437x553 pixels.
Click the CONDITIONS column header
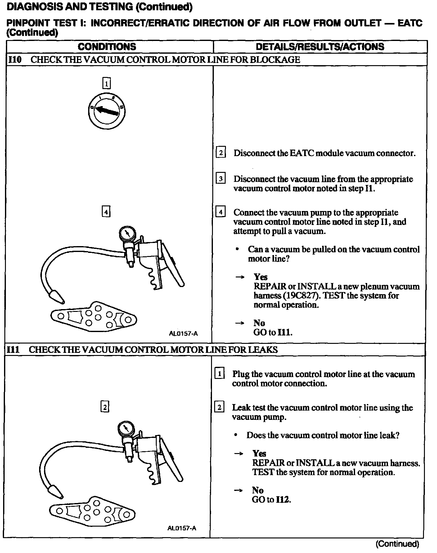pos(107,47)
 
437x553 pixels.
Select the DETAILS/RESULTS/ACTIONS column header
pos(320,47)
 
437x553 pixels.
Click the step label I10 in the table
pos(15,60)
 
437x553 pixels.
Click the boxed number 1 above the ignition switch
pos(106,83)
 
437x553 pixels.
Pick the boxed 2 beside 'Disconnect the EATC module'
pos(221,153)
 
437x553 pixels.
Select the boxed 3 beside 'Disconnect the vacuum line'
pos(221,179)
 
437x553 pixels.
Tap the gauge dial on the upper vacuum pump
pos(127,234)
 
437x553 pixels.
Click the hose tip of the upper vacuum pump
pos(58,297)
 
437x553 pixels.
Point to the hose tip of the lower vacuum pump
pos(56,491)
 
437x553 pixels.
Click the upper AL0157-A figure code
pos(183,334)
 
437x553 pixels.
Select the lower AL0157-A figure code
pos(182,528)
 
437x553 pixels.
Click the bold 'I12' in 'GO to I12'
pos(283,499)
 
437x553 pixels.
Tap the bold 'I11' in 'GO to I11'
pos(284,332)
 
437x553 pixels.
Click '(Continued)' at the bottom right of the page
pos(397,544)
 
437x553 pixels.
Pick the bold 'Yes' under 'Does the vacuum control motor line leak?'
pos(259,454)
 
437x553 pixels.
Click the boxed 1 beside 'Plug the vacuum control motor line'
pos(219,374)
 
